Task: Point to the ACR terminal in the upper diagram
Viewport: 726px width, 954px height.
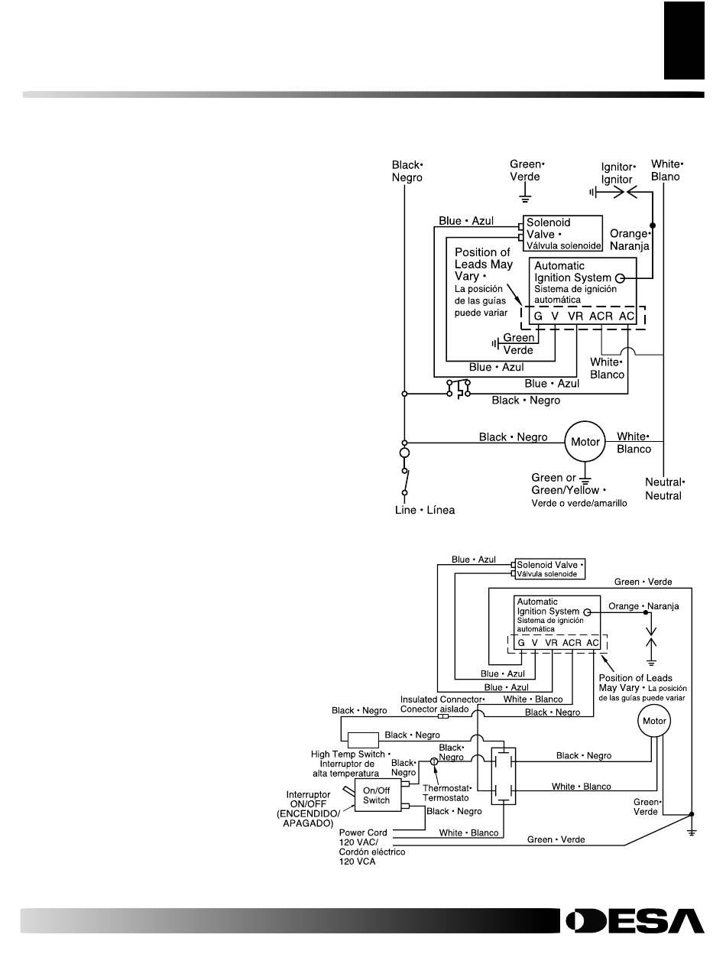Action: (x=601, y=316)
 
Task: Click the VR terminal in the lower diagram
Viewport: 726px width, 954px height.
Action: (x=551, y=642)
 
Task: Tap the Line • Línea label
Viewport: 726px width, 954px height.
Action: (x=424, y=510)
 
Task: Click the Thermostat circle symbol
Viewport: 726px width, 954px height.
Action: (x=433, y=761)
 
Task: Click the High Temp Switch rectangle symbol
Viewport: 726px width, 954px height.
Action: (x=363, y=740)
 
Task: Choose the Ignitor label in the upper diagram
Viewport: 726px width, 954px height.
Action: (x=617, y=173)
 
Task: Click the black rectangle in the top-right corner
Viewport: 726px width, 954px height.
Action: (x=684, y=40)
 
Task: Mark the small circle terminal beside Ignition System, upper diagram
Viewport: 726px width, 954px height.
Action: (x=621, y=278)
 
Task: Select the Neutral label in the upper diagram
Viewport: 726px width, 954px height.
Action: (x=665, y=488)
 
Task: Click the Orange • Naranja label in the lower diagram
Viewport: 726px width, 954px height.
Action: (x=643, y=606)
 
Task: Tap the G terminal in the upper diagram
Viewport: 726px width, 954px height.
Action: (x=538, y=316)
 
